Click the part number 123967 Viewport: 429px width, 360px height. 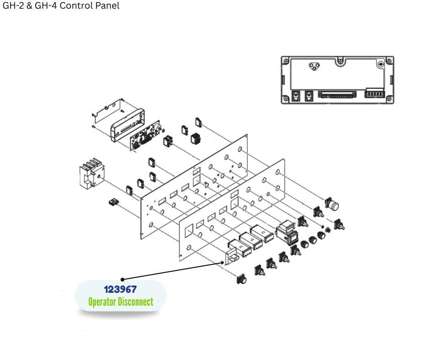tap(120, 289)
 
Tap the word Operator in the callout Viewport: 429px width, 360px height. tap(102, 302)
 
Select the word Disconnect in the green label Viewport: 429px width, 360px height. tap(136, 302)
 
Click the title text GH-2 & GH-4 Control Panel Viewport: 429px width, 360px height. tap(61, 6)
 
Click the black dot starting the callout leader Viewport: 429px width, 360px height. tap(122, 279)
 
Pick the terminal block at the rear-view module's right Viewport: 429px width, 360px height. tap(374, 95)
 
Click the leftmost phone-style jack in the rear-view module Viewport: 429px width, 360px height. tap(295, 96)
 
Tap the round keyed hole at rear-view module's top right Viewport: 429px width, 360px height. tap(381, 64)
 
